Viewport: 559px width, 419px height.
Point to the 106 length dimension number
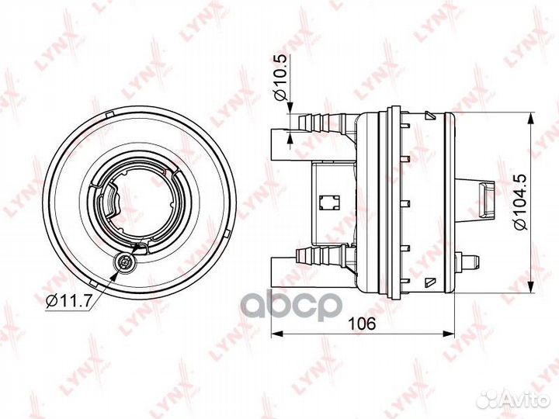tap(362, 324)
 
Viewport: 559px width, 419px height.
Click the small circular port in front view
tap(124, 263)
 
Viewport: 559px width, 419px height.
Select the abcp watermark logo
tap(292, 305)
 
